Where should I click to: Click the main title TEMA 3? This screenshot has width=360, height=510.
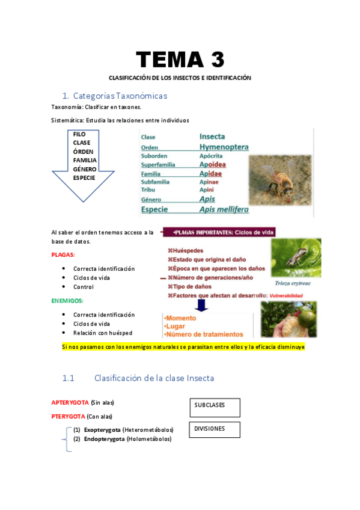coord(180,60)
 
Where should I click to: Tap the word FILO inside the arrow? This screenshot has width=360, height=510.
coord(79,134)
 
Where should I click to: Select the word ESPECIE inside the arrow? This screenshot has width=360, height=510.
coord(84,178)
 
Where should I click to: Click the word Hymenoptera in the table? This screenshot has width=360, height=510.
coord(224,147)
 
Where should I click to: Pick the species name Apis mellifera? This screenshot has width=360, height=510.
coord(224,209)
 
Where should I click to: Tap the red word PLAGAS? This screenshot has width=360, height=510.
coord(63,255)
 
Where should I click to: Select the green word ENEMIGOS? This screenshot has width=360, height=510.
coord(67,301)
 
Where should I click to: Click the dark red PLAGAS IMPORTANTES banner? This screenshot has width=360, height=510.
coord(228,232)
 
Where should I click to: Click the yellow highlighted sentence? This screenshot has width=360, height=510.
coord(183,347)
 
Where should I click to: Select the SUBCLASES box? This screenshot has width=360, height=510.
coord(215,407)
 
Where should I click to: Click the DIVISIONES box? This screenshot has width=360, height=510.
coord(215,429)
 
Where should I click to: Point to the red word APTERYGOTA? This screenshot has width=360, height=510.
coord(70,402)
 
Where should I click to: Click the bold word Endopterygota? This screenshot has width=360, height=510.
coord(104,439)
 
